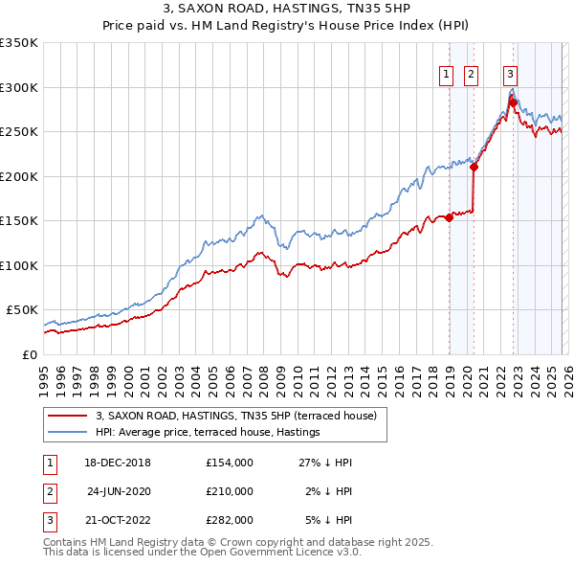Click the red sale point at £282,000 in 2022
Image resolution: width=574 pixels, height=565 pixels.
click(x=513, y=102)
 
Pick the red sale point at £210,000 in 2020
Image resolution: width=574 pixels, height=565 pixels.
click(x=474, y=167)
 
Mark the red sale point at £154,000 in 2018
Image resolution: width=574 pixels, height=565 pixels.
click(x=449, y=217)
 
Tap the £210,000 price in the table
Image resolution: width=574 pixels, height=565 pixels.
click(x=229, y=491)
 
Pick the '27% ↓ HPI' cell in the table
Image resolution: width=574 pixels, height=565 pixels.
click(x=325, y=462)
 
